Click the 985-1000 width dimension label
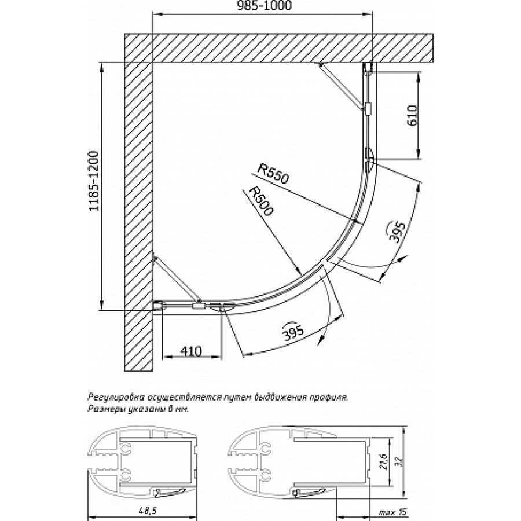[x=265, y=6]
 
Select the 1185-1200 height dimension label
[x=94, y=181]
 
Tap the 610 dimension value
[x=412, y=115]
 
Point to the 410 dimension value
[x=191, y=351]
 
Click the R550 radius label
[x=273, y=174]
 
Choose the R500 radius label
[x=262, y=201]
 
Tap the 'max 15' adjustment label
[x=392, y=512]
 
